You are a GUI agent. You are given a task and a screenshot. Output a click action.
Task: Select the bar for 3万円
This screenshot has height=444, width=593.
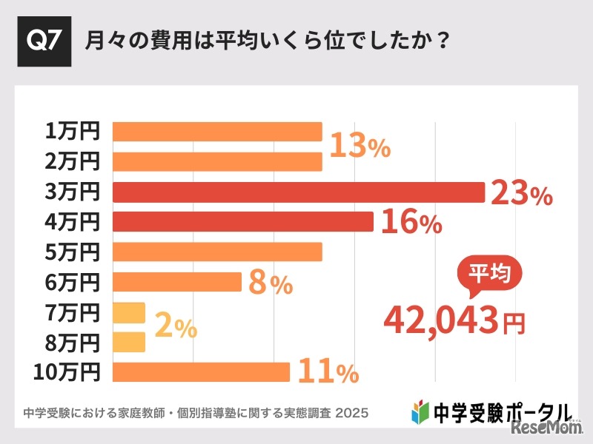click(x=298, y=192)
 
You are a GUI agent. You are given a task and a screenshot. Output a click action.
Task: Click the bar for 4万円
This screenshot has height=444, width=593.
click(x=242, y=221)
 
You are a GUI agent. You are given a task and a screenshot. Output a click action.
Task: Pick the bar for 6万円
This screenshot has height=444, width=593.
click(x=177, y=282)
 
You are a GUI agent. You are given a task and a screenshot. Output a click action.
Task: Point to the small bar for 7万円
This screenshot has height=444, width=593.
click(x=129, y=312)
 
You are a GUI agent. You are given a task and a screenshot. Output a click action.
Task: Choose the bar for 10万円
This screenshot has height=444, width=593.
click(x=201, y=372)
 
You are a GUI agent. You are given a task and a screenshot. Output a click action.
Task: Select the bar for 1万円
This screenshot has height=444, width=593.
click(x=217, y=132)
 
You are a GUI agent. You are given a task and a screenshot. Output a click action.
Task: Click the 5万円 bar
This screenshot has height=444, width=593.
click(x=217, y=252)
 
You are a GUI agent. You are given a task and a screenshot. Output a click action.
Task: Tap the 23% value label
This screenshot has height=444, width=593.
click(x=522, y=194)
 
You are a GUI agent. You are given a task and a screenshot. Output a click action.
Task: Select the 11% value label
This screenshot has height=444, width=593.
click(x=328, y=372)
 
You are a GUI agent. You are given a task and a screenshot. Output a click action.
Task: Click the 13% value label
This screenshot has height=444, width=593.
click(x=360, y=147)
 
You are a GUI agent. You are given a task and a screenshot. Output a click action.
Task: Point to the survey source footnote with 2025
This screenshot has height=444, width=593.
click(x=196, y=411)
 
